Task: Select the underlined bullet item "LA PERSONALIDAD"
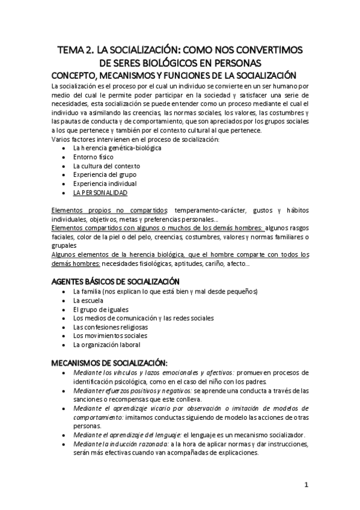click(x=100, y=192)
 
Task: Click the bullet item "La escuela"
click(x=88, y=300)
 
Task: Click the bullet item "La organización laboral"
click(x=106, y=345)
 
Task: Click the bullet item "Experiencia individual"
click(x=105, y=183)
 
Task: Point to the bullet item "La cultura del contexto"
click(x=106, y=165)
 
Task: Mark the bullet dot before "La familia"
click(x=64, y=292)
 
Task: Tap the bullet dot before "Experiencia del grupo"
click(x=64, y=175)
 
